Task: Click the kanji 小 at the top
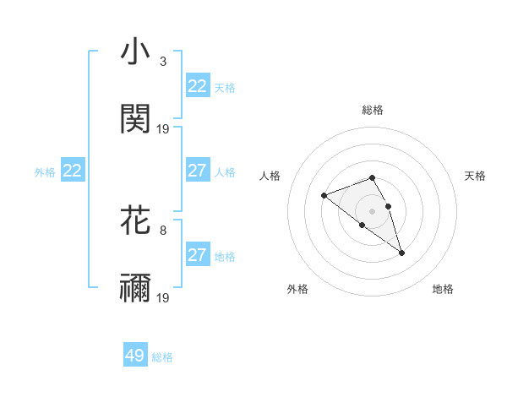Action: point(136,53)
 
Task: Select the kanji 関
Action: point(136,119)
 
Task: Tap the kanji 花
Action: point(136,220)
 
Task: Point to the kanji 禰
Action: point(136,288)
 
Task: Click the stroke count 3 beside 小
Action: point(163,62)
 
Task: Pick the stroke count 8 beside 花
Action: point(163,229)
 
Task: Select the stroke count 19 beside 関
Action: point(163,128)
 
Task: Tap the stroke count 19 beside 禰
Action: point(163,297)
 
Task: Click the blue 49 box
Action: point(135,356)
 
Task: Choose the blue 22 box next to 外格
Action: point(73,171)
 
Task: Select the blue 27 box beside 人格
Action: point(197,171)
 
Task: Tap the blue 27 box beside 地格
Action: point(197,255)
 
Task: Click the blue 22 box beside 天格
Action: point(197,86)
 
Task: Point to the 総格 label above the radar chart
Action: point(373,110)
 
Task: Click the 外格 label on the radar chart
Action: point(297,289)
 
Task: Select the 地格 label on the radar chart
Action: point(443,289)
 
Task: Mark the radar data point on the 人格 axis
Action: point(324,196)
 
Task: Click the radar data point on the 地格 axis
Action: point(401,253)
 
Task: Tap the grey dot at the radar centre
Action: point(372,210)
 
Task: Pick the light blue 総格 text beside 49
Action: point(162,357)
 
